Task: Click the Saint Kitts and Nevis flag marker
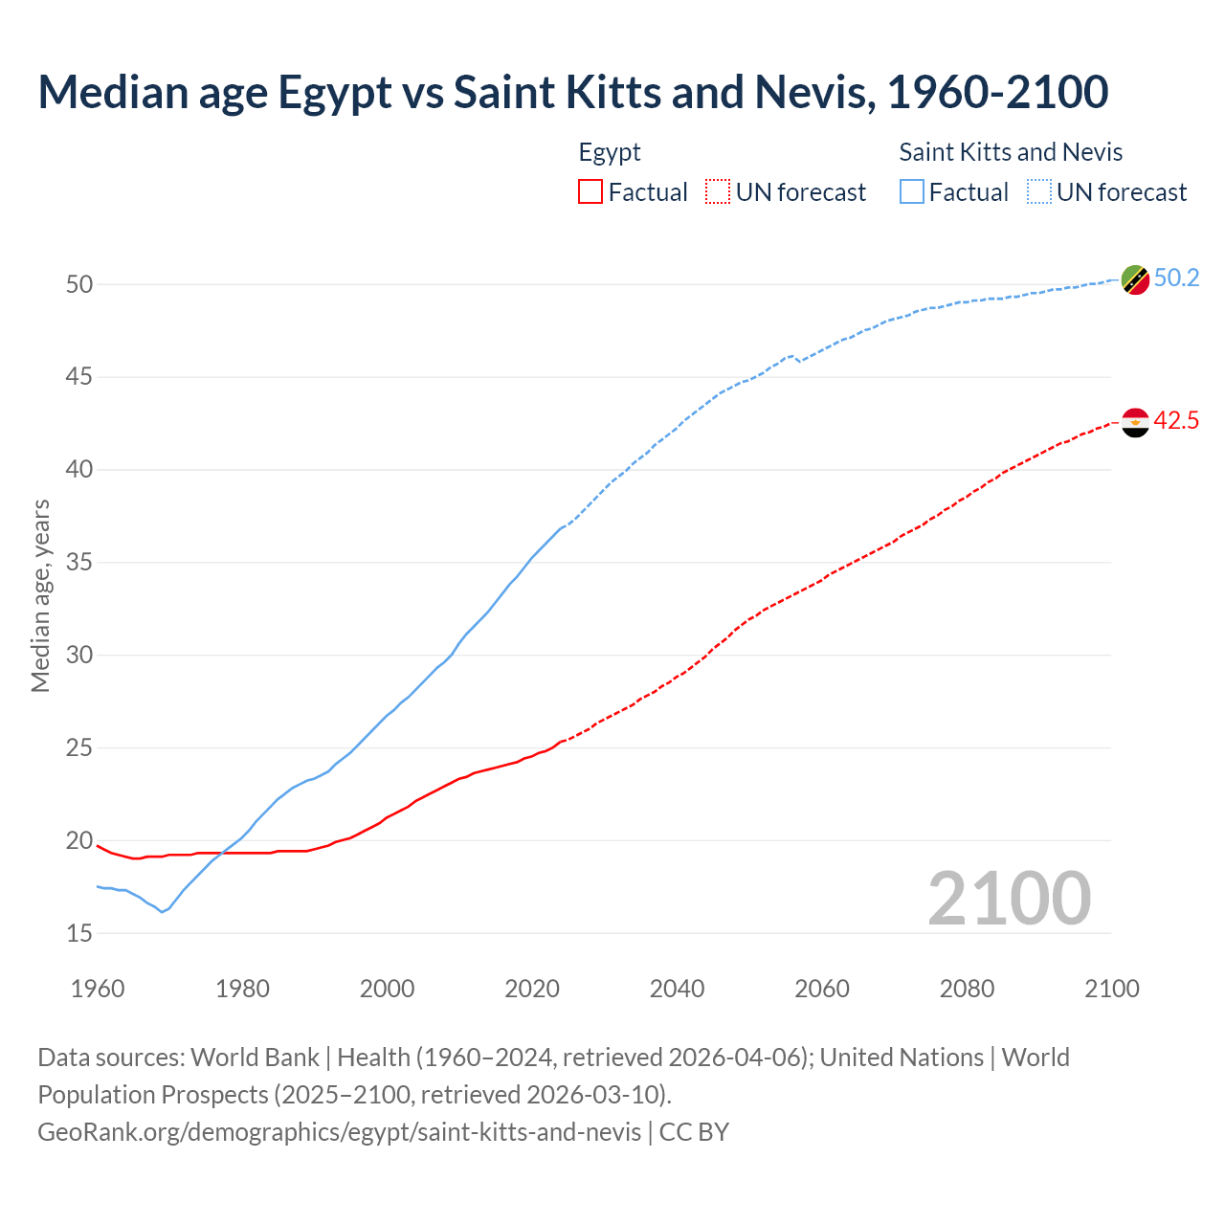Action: pos(1135,279)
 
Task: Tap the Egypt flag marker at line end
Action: pos(1135,422)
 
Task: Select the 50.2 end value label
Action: pos(1176,278)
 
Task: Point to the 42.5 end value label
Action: pos(1176,421)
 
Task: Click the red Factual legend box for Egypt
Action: pos(590,192)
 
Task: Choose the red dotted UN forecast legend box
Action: pos(718,192)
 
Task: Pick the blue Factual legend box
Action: pos(912,192)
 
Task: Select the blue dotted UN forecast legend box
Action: pos(1039,192)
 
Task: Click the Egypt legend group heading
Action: pos(610,152)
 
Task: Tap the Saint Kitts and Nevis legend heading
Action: pos(1011,152)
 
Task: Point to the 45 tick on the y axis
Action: pos(79,377)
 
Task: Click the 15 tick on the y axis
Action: pos(79,933)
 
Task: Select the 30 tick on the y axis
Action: pos(79,656)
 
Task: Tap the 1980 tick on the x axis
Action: pos(242,989)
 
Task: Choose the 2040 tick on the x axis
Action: pos(677,989)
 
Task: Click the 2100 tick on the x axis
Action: pos(1111,989)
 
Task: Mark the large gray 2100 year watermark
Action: pos(1009,899)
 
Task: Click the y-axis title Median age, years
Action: pos(40,595)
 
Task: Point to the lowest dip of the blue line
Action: pos(162,912)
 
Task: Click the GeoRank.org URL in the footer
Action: pos(339,1132)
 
